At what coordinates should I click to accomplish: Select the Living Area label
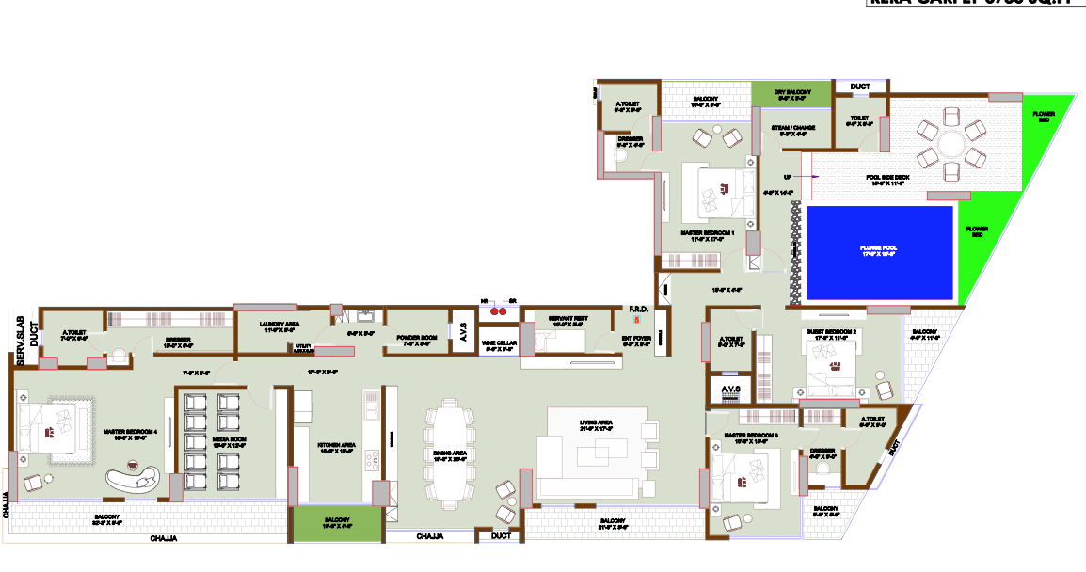(597, 426)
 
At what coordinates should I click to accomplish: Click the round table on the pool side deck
(950, 147)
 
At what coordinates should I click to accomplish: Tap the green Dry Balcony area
(791, 93)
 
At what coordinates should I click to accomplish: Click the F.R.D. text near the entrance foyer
(638, 310)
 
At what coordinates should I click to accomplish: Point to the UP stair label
(788, 176)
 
